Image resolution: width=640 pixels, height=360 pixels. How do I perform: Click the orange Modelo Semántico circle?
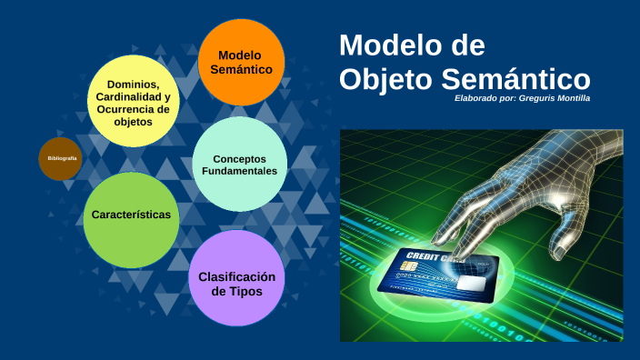point(240,62)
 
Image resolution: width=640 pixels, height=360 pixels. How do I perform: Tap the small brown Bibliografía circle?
point(61,159)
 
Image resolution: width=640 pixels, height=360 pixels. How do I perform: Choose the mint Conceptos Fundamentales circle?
point(240,165)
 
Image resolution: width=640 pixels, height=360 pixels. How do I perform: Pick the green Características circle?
point(131,215)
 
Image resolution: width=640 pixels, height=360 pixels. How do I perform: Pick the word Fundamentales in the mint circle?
point(240,171)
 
